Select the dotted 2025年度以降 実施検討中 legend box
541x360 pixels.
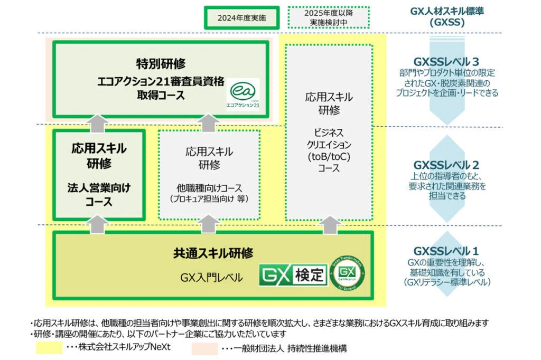pyautogui.click(x=328, y=17)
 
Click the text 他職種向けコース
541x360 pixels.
pyautogui.click(x=209, y=187)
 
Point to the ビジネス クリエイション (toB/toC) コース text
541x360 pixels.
pyautogui.click(x=329, y=149)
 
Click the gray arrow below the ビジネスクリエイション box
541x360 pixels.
pyautogui.click(x=329, y=224)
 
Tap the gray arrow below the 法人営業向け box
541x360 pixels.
pyautogui.click(x=98, y=224)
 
